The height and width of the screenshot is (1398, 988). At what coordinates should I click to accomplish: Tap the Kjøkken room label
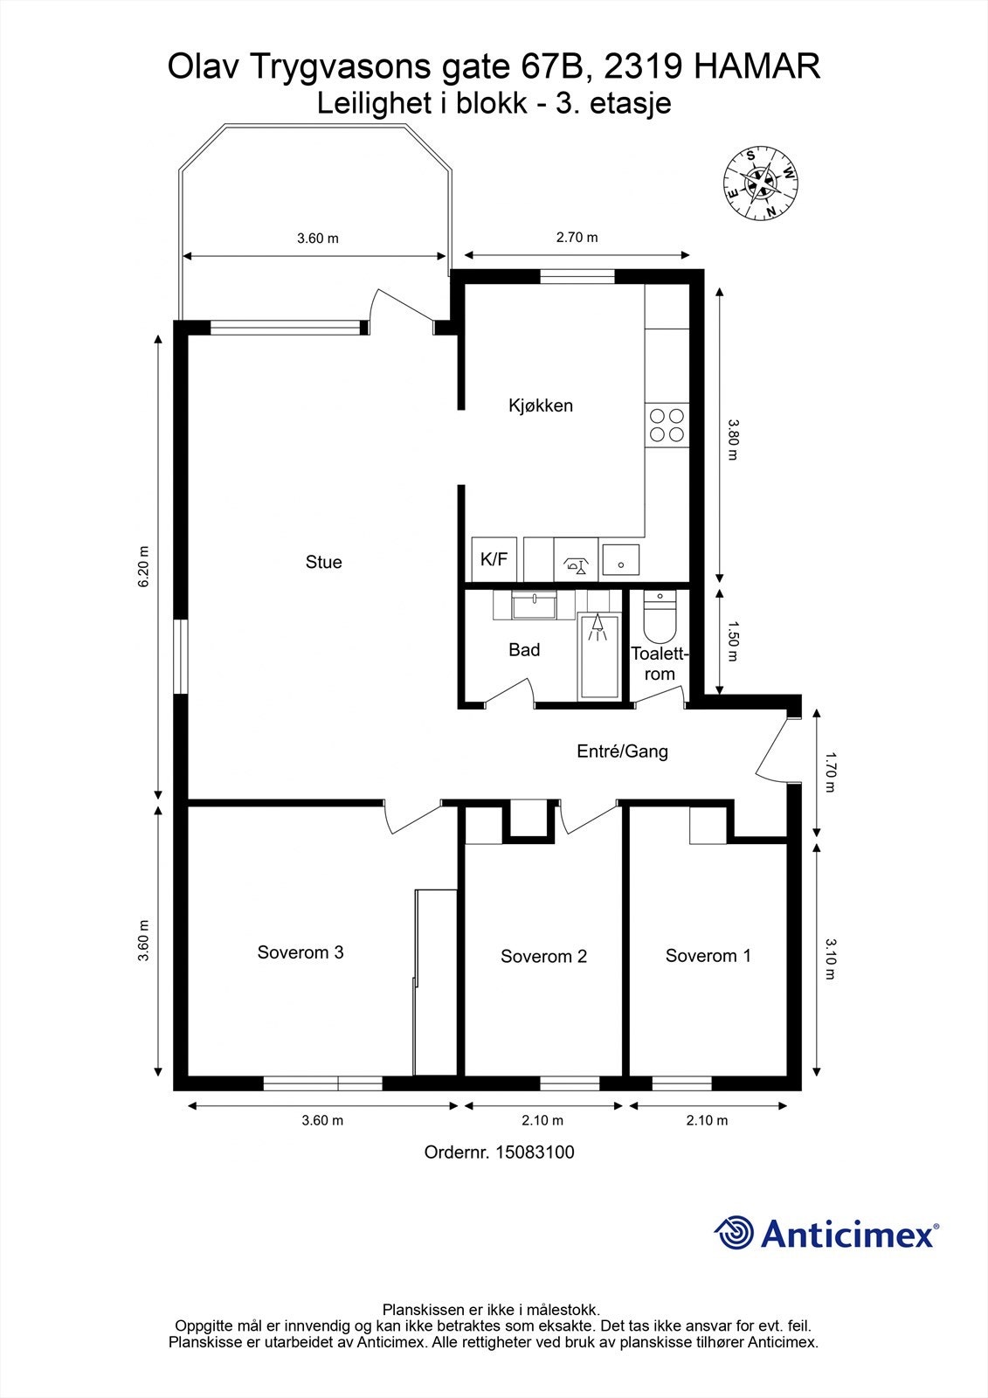click(541, 405)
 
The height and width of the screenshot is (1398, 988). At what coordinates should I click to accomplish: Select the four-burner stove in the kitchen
click(667, 425)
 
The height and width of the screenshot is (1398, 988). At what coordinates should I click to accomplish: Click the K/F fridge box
click(494, 559)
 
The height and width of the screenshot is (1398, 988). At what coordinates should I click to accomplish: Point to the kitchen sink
click(620, 558)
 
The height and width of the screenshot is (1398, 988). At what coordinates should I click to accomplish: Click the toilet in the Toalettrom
click(660, 617)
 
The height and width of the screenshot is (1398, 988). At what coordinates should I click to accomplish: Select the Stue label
click(323, 562)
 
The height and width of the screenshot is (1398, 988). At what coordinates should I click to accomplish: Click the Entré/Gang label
click(622, 751)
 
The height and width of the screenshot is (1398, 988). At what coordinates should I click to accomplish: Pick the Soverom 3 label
click(301, 952)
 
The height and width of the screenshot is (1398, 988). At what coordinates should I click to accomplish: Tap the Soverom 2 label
click(543, 956)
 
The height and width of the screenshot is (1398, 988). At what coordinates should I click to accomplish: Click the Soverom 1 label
click(708, 956)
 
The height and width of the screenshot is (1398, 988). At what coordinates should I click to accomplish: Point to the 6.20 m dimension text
click(143, 566)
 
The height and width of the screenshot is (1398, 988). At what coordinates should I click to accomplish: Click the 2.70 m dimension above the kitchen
click(577, 237)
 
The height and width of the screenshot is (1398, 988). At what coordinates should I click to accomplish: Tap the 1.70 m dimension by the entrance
click(830, 771)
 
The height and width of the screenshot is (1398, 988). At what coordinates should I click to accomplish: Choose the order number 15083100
click(535, 1152)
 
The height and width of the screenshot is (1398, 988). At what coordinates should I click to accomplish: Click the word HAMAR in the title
click(757, 66)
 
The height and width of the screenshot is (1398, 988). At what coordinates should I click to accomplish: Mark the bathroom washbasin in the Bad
click(534, 606)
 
